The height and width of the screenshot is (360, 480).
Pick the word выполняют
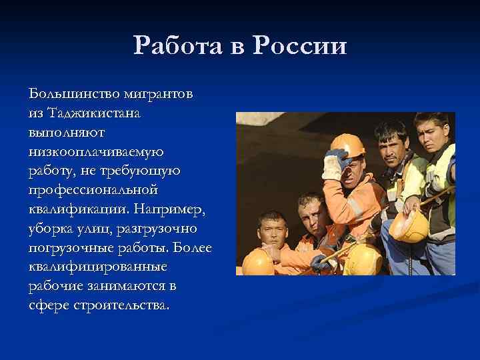(x=61, y=132)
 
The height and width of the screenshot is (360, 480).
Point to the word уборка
(x=51, y=229)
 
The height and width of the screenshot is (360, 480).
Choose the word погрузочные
(x=70, y=248)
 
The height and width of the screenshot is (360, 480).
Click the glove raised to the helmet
(x=334, y=164)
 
